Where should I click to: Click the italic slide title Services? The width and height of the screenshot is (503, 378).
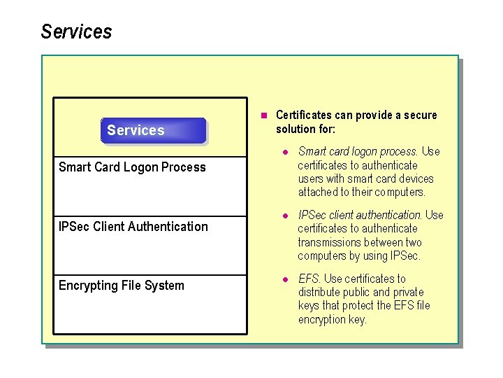76,32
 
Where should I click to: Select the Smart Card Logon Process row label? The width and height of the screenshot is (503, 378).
132,167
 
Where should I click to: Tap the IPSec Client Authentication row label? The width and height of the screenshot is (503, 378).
133,226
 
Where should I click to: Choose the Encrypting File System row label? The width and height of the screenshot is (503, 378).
121,286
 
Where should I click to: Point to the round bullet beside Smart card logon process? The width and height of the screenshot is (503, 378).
285,152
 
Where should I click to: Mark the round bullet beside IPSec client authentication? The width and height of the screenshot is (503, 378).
285,215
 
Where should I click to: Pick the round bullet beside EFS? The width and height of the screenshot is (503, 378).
285,279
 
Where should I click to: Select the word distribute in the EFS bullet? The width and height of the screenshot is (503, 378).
321,292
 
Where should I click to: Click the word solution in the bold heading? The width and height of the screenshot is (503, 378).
296,129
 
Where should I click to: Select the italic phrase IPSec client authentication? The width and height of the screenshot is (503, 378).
360,215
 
